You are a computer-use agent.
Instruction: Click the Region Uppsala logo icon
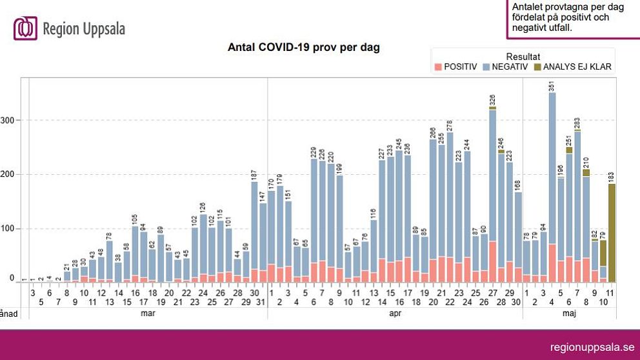pos(25,28)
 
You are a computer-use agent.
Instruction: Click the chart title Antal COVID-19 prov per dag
pos(303,48)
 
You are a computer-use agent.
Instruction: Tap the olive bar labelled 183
pos(612,232)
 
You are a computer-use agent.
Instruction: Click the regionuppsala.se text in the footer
pos(591,345)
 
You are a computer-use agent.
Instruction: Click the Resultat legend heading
pos(523,56)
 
